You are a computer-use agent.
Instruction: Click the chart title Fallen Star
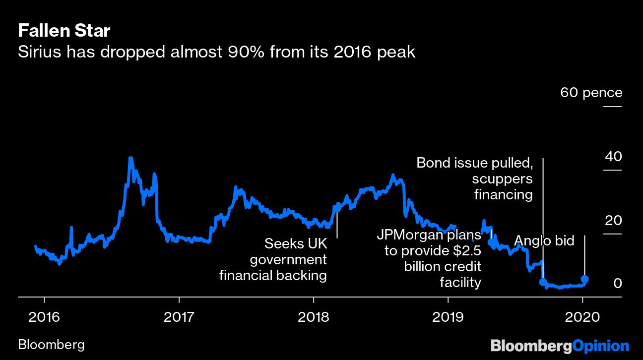tap(64, 31)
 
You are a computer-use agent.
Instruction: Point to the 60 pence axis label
tap(591, 93)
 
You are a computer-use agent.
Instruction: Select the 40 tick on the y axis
tap(613, 157)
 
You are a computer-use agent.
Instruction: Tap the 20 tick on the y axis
tap(613, 220)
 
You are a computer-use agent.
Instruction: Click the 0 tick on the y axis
tap(617, 284)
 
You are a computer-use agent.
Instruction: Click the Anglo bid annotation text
tap(544, 241)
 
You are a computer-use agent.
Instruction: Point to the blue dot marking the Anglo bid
tap(584, 279)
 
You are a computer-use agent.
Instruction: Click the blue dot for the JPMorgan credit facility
tap(492, 242)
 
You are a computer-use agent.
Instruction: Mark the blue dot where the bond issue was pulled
tap(543, 282)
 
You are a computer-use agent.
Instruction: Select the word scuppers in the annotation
tap(502, 179)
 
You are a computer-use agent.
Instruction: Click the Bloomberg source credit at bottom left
tap(51, 345)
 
